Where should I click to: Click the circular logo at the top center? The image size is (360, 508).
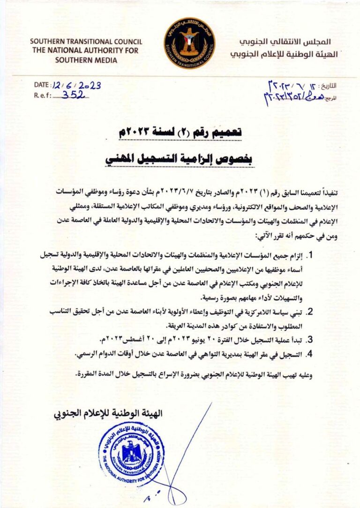point(189,43)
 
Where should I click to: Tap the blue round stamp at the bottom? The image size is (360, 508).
point(132,454)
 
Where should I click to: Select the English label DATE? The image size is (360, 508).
point(42,85)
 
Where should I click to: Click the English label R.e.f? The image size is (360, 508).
point(42,95)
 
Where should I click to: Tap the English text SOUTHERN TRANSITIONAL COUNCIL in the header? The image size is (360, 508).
point(86,41)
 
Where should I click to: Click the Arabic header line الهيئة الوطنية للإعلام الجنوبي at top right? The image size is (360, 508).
point(284,54)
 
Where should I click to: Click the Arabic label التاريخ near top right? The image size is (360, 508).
point(329,86)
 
